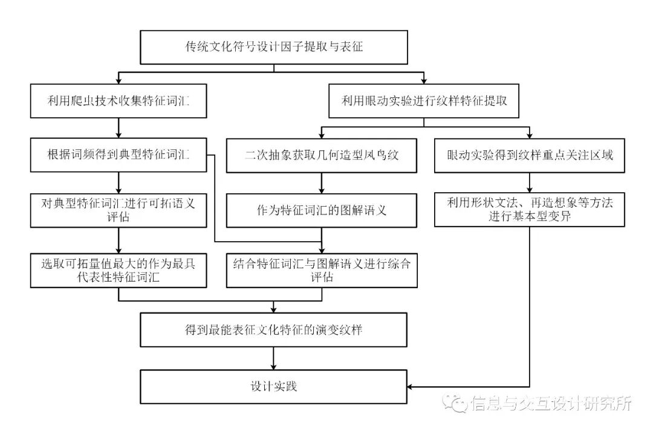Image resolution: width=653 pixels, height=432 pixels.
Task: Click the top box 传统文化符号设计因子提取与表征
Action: (x=274, y=47)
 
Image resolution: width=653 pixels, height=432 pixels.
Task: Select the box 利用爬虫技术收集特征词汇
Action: (x=119, y=101)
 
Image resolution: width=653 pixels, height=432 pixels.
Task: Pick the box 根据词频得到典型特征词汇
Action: (x=119, y=155)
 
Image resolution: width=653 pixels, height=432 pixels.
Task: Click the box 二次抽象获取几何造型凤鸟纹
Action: (x=322, y=155)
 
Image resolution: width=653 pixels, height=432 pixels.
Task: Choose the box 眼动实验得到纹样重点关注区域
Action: (x=529, y=155)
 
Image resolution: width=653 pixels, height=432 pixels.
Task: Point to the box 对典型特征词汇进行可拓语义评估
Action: (x=119, y=210)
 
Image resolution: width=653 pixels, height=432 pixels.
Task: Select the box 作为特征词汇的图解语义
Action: (x=322, y=210)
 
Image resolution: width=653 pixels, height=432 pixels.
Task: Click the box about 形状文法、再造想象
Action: (x=529, y=210)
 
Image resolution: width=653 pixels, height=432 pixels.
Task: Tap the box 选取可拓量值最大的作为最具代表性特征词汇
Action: (x=119, y=269)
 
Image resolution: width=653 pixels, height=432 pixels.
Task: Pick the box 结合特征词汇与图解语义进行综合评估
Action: (x=322, y=269)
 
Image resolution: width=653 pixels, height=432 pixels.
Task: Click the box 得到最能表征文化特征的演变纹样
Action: (x=274, y=330)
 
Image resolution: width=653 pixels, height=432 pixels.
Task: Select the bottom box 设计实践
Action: (x=274, y=386)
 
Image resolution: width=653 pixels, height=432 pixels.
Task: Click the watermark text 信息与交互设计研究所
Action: (x=551, y=403)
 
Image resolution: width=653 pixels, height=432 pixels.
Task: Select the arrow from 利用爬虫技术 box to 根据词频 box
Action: (x=119, y=128)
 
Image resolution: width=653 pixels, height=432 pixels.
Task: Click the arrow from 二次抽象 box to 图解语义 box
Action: (x=322, y=183)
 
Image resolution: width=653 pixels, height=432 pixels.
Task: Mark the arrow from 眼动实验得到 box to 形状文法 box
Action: (x=529, y=182)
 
